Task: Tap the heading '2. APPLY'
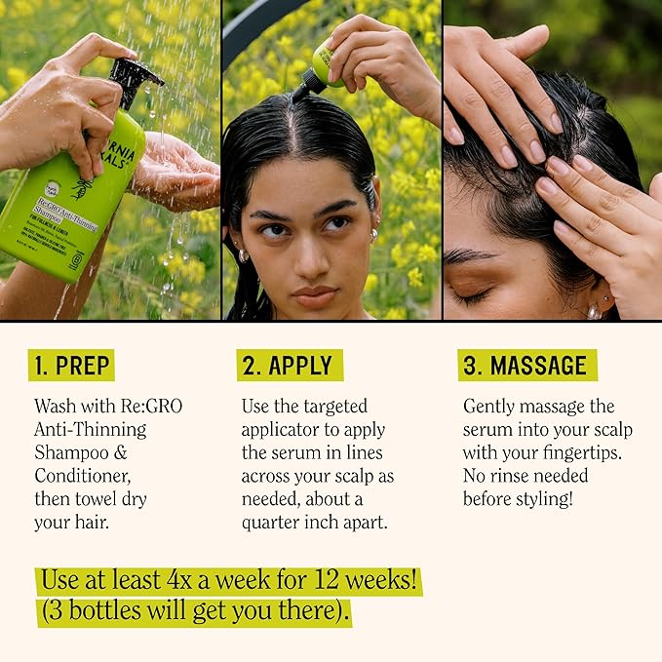pos(289,366)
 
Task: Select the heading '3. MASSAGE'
pos(526,366)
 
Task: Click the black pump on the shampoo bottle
pos(136,79)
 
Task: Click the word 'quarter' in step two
pos(274,522)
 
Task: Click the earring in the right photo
pos(594,311)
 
